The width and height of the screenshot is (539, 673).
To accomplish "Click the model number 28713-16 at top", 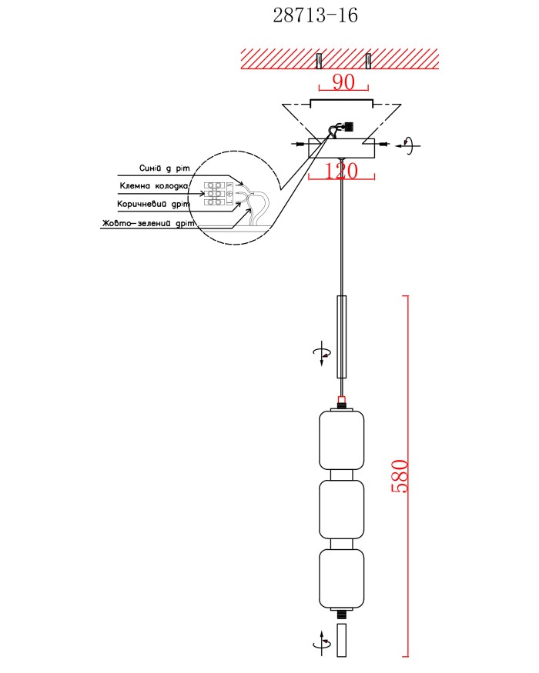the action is pyautogui.click(x=316, y=15).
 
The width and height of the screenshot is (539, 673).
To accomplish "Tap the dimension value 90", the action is pyautogui.click(x=344, y=82).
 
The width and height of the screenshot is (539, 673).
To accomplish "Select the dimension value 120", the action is pyautogui.click(x=341, y=171).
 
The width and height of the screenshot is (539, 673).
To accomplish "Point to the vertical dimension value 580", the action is pyautogui.click(x=400, y=476).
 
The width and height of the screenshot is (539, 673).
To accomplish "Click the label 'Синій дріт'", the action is pyautogui.click(x=164, y=168).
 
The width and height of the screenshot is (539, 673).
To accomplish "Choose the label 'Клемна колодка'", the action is pyautogui.click(x=154, y=186).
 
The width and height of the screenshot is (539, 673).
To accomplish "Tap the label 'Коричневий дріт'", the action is pyautogui.click(x=153, y=204).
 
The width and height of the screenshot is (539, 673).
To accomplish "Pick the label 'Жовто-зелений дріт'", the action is pyautogui.click(x=149, y=223).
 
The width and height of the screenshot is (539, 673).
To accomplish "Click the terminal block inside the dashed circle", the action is pyautogui.click(x=215, y=193).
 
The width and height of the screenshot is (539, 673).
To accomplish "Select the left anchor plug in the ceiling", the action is pyautogui.click(x=319, y=61).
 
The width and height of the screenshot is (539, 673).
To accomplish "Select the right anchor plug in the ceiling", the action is pyautogui.click(x=368, y=61).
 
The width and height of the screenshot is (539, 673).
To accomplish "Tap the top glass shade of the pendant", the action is pyautogui.click(x=342, y=440).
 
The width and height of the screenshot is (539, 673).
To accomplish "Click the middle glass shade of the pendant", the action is pyautogui.click(x=342, y=509).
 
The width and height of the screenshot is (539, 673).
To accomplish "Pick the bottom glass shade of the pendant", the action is pyautogui.click(x=342, y=579).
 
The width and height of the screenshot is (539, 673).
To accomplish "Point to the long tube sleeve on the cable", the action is pyautogui.click(x=341, y=337).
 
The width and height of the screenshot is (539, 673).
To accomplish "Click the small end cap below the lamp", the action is pyautogui.click(x=341, y=641).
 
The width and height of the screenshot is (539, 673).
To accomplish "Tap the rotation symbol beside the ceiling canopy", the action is pyautogui.click(x=408, y=145).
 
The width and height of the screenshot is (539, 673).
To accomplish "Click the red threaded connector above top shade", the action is pyautogui.click(x=341, y=402).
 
